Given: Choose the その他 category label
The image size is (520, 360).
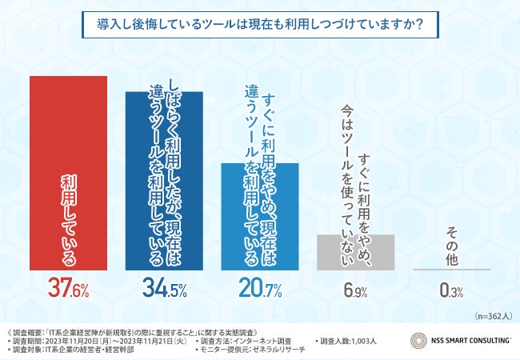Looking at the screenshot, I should [452, 243].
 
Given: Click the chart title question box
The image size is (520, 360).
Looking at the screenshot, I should [260, 24].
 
